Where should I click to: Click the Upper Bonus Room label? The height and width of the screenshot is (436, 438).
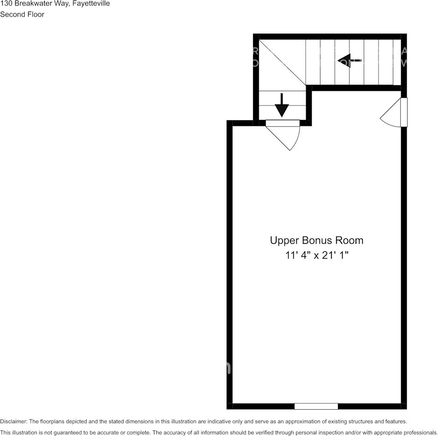pos(316,240)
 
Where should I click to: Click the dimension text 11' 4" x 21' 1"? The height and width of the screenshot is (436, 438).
pos(316,255)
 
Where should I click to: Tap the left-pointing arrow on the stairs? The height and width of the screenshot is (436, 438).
pos(349,60)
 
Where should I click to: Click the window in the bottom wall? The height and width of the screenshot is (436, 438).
pos(316,406)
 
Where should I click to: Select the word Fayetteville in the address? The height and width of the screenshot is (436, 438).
pos(91,4)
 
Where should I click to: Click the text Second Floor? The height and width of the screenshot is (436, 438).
pos(22,14)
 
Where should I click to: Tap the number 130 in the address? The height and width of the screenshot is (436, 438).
pos(6,4)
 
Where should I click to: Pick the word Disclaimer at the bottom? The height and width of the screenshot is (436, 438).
pos(13,421)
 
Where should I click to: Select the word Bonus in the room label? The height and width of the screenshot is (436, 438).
pos(317,240)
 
